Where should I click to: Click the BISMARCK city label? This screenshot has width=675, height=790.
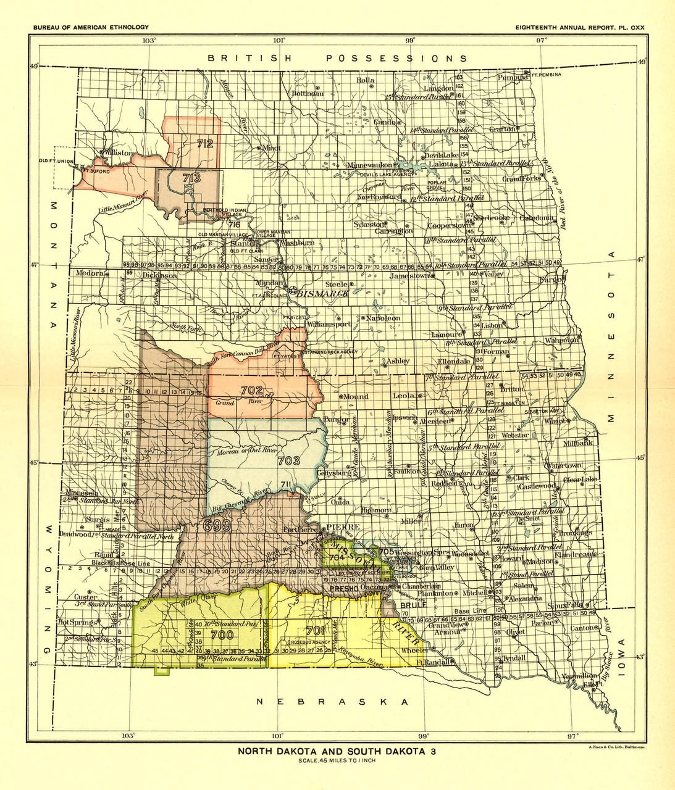[x=322, y=294]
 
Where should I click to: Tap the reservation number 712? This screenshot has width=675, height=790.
[x=205, y=144]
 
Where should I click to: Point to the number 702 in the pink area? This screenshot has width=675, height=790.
[x=252, y=390]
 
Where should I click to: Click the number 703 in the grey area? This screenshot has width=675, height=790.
[x=288, y=460]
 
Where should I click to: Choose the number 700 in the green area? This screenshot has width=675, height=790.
[x=222, y=634]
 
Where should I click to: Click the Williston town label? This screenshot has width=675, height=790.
[x=118, y=152]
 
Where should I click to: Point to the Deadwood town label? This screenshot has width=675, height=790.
[x=74, y=534]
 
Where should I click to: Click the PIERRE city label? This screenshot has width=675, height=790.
[x=338, y=526]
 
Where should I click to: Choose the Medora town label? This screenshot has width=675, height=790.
[x=89, y=273]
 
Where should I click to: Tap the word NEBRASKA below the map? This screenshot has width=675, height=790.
[x=333, y=702]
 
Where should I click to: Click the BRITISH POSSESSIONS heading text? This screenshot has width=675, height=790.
[x=337, y=58]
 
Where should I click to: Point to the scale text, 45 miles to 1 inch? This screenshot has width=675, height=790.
[x=337, y=760]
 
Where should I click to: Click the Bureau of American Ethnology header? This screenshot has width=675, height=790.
[x=91, y=27]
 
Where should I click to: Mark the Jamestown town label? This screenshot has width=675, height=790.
[x=409, y=276]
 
